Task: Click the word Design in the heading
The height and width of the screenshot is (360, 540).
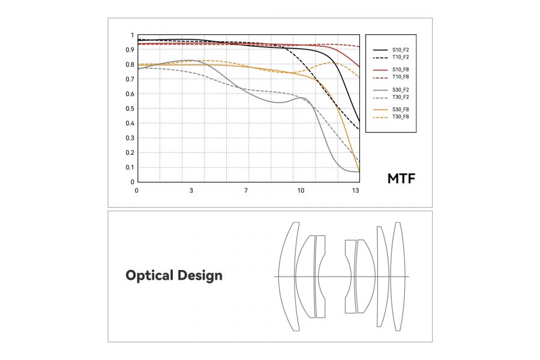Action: pyautogui.click(x=200, y=276)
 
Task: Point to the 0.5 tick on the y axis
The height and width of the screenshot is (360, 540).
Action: pyautogui.click(x=130, y=109)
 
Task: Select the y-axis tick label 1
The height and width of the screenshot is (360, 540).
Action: pyautogui.click(x=132, y=35)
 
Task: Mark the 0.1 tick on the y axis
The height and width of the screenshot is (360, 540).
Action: pyautogui.click(x=130, y=167)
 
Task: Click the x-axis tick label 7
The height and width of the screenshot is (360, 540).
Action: pyautogui.click(x=247, y=191)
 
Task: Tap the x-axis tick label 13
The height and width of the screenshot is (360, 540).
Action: pyautogui.click(x=356, y=191)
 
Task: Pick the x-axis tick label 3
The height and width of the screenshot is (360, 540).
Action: pyautogui.click(x=191, y=191)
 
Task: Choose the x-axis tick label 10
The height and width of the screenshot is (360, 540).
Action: pyautogui.click(x=301, y=191)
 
